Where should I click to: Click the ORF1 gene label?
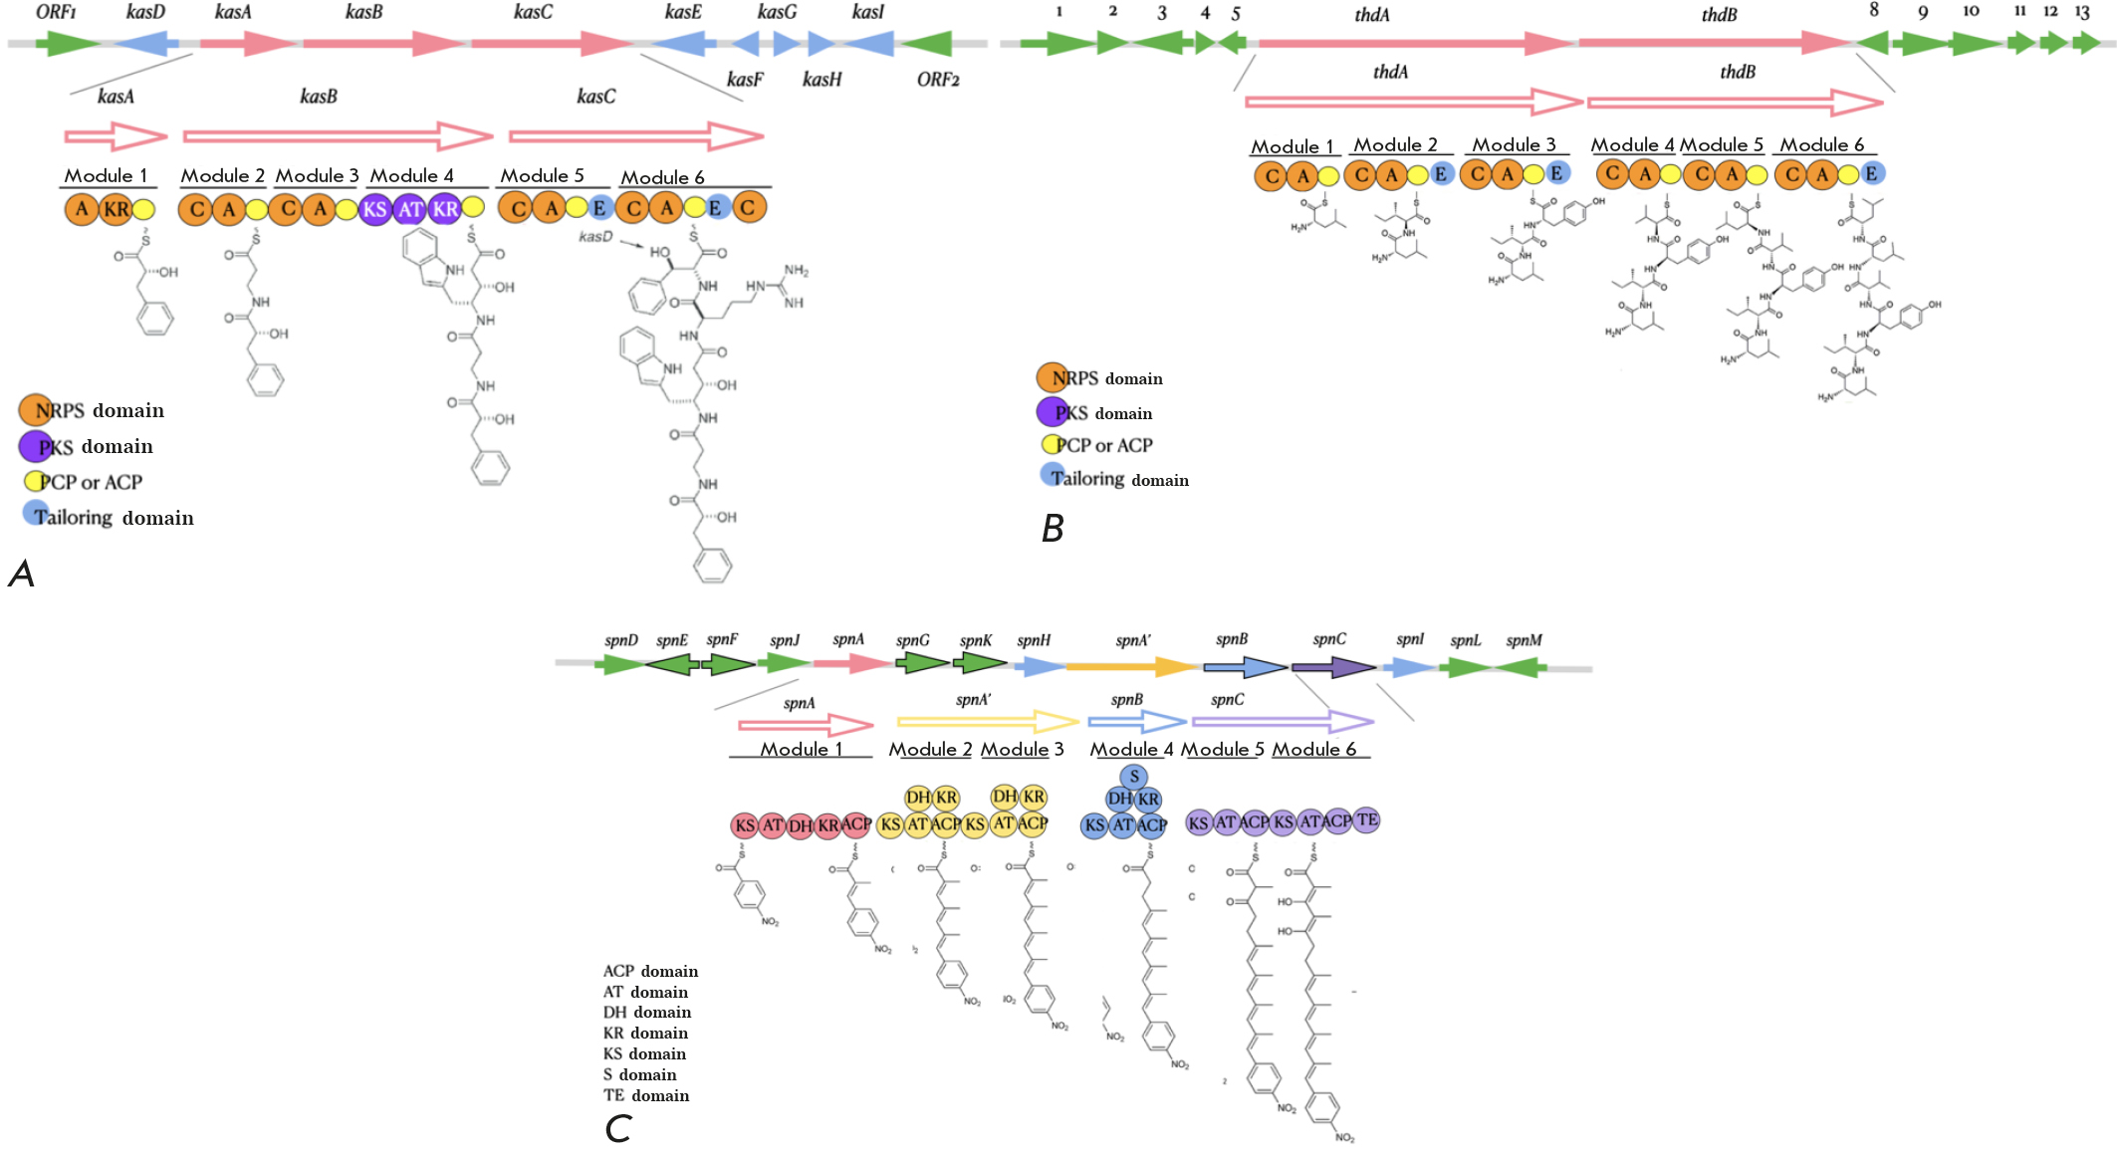pos(56,12)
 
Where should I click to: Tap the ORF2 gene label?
pos(938,80)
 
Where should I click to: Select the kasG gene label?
pos(777,12)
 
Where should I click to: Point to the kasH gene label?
pos(822,80)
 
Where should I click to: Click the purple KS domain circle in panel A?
pos(374,209)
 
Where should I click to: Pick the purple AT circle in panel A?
pos(410,209)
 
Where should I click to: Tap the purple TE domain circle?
pos(1367,819)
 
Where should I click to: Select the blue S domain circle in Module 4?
pos(1133,777)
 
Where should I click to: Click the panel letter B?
pos(1053,528)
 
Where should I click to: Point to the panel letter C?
pos(617,1128)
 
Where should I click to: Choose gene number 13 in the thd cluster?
pos(2082,12)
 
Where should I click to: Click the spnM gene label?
pos(1524,640)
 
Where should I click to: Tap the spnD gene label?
pos(621,640)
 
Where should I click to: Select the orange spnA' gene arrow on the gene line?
pos(1131,666)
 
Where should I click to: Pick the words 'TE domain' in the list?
pos(646,1095)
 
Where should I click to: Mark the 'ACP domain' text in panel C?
pos(650,971)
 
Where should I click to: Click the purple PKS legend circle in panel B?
pos(1052,411)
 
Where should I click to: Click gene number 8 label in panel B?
pos(1874,10)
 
